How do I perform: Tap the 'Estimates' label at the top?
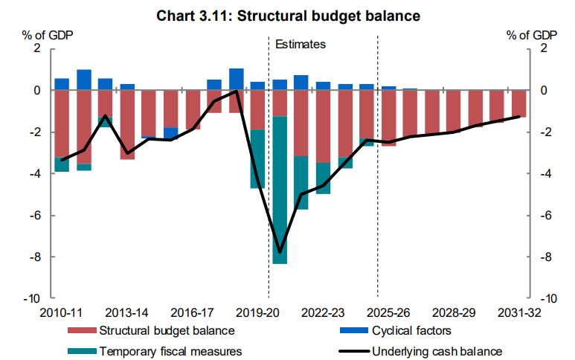(301, 45)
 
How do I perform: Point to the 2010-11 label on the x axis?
(62, 311)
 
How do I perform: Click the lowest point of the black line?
(280, 253)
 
